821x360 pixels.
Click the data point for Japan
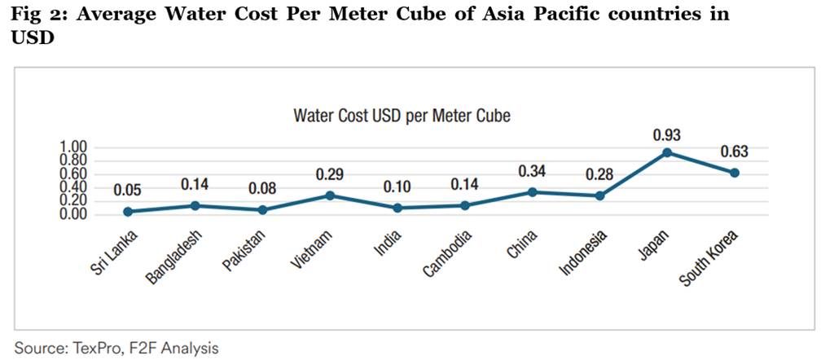(667, 152)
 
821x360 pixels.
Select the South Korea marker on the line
(735, 173)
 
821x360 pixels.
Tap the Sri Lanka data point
(128, 212)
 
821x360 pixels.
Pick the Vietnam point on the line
(331, 195)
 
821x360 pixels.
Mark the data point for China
(532, 192)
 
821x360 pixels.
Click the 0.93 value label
(667, 134)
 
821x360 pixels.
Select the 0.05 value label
(128, 191)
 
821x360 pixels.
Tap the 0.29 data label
(331, 174)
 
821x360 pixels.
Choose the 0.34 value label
(532, 171)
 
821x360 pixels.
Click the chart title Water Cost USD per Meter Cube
(402, 116)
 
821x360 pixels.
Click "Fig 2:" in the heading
(38, 15)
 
